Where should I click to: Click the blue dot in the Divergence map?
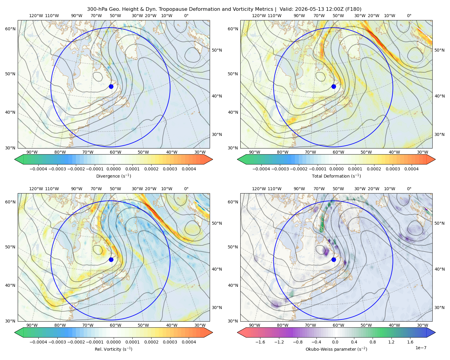[111, 86]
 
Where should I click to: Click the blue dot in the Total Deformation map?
[334, 86]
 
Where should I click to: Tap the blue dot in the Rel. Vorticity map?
[111, 259]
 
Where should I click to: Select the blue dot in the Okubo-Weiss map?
[334, 259]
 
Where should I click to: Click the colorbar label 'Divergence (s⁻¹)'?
[113, 176]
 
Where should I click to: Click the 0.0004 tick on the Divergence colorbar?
[189, 169]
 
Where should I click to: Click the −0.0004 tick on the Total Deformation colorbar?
[261, 169]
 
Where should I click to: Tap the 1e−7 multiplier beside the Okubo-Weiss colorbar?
[421, 348]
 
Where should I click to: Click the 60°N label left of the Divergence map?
[10, 29]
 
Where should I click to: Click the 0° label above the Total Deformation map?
[409, 16]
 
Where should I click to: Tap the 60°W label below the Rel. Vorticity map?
[115, 325]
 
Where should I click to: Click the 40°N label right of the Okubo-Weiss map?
[439, 269]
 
